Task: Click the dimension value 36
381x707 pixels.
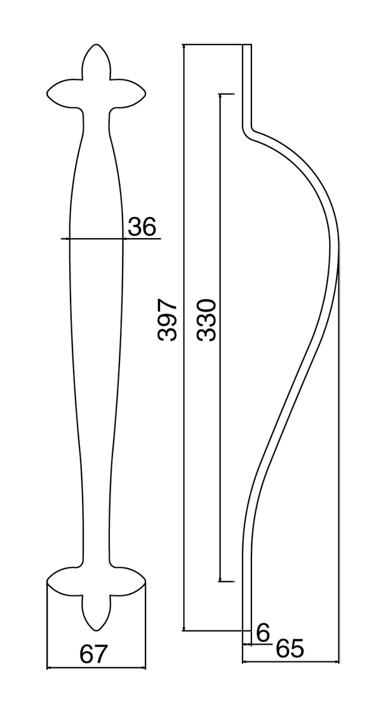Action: coord(142,227)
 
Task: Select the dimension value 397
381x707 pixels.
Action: coord(167,319)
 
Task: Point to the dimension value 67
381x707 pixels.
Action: coord(94,654)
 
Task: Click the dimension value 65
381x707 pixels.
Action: coord(290,649)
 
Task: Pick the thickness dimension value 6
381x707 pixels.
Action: coord(262,632)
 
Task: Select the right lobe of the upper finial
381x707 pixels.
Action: coord(128,94)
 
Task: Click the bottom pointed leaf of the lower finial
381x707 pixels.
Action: coord(96,612)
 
